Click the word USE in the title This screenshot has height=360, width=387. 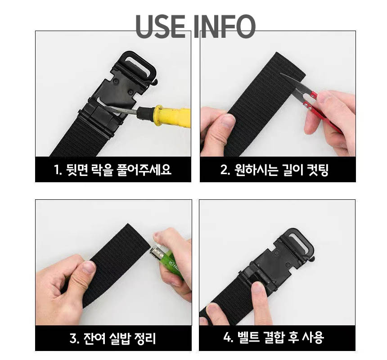[161, 27]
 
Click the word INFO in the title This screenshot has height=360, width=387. [224, 27]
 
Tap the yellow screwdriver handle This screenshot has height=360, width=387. [170, 116]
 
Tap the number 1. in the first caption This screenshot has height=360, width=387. [58, 170]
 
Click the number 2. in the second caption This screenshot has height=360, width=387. [225, 170]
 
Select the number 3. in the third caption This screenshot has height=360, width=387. [74, 338]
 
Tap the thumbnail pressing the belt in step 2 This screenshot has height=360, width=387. [228, 121]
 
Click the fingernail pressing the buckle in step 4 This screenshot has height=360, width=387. [258, 288]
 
